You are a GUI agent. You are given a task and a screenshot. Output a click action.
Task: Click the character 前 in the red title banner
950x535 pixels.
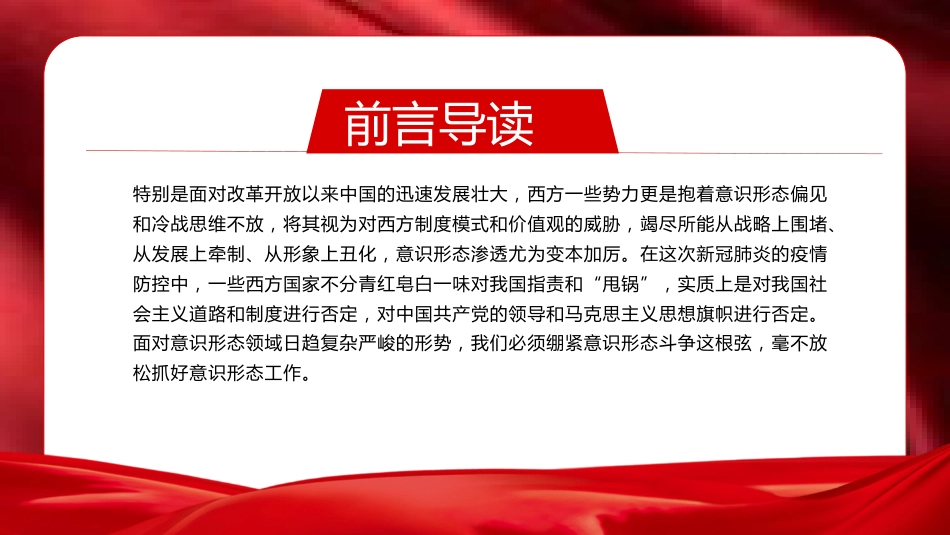(368, 124)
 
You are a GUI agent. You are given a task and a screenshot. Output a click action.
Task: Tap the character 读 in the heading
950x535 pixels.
(511, 124)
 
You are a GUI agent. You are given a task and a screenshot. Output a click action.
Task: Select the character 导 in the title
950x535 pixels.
(463, 124)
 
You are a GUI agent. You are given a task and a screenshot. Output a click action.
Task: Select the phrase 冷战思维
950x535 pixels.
(180, 224)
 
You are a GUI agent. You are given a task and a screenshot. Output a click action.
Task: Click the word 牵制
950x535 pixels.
(227, 254)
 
